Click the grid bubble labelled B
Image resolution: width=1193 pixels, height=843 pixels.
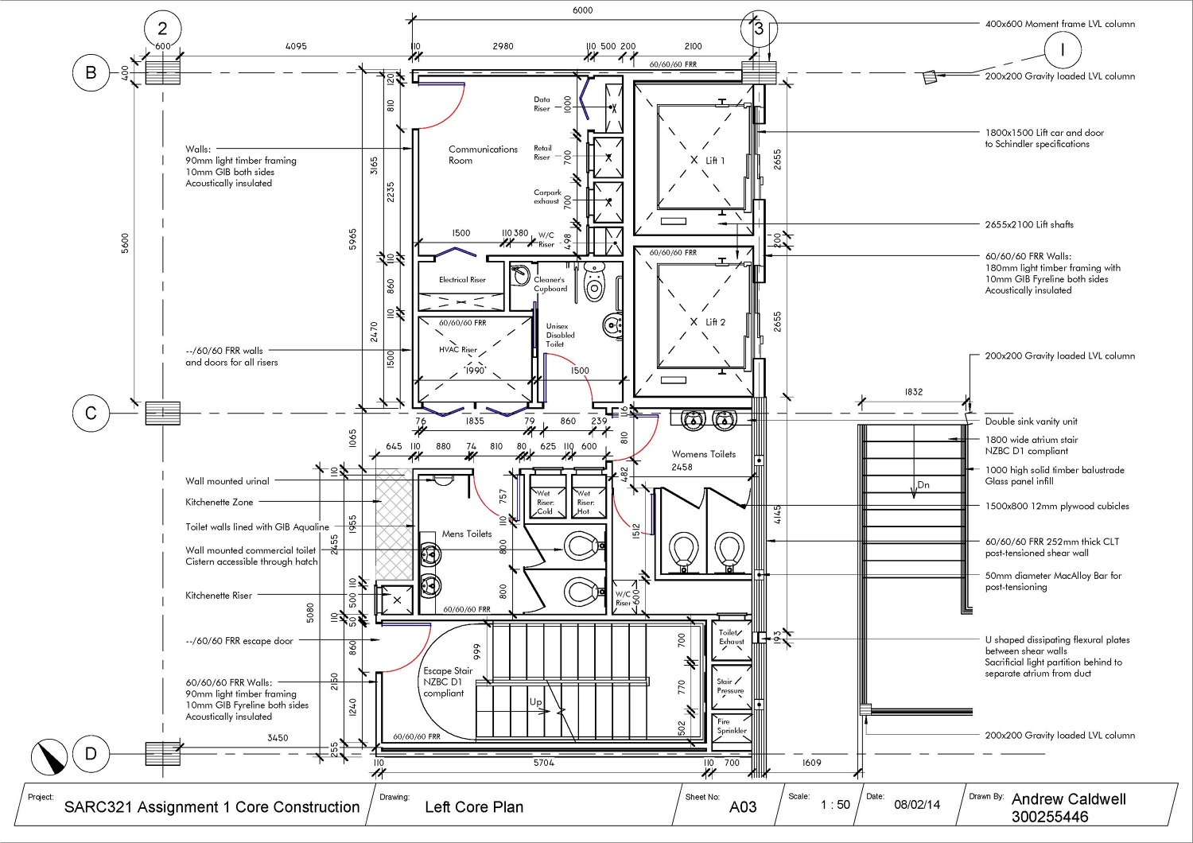tap(91, 72)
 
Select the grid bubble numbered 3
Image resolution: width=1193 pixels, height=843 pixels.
tap(759, 29)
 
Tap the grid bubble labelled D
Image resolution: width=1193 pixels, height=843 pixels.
tap(91, 753)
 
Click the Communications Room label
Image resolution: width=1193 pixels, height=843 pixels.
tap(482, 154)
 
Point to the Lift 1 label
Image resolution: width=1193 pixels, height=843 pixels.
tap(715, 160)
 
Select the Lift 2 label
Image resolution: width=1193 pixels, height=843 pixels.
tap(715, 322)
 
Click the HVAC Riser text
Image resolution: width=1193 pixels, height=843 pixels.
tap(458, 349)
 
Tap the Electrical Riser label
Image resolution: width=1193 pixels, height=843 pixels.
tap(462, 280)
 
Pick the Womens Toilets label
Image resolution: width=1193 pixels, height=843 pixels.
tap(703, 454)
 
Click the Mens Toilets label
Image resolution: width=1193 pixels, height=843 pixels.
tap(467, 534)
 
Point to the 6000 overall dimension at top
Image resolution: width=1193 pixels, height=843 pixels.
tap(582, 10)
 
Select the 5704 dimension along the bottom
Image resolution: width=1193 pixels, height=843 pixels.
tap(543, 763)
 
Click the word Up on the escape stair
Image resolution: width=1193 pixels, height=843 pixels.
tap(536, 702)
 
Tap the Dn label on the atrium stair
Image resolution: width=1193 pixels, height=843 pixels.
tap(923, 484)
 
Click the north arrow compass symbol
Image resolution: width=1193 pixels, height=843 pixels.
tap(50, 756)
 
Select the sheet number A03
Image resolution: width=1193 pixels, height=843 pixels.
tap(743, 807)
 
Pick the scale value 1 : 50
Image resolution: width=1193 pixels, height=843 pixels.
tap(835, 805)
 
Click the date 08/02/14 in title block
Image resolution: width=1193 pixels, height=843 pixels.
tap(916, 805)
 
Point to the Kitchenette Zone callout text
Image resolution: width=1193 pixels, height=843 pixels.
tap(220, 502)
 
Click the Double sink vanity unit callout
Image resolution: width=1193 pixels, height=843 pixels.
tap(1031, 421)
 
